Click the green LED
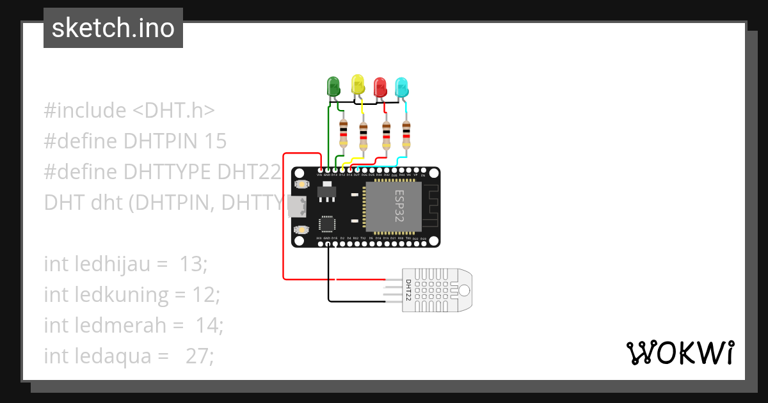[333, 86]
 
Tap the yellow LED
[357, 84]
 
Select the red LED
[380, 86]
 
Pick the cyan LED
[401, 86]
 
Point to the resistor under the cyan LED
[406, 134]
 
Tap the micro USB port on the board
[297, 206]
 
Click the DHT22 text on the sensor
[408, 290]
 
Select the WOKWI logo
[680, 352]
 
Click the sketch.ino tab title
[113, 28]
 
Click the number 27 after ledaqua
[199, 356]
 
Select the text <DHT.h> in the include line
[173, 111]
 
